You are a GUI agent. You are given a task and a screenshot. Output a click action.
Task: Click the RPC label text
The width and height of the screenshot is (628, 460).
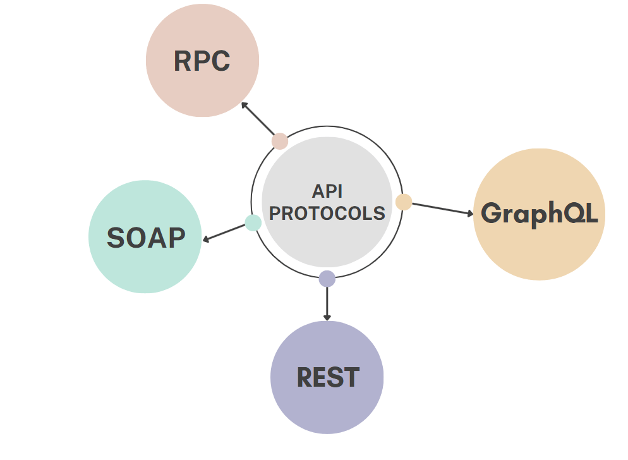click(x=202, y=61)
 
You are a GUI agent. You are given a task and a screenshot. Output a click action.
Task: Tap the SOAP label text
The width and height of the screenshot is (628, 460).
click(x=146, y=238)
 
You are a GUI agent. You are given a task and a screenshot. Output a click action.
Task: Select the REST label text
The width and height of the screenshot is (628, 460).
click(x=328, y=378)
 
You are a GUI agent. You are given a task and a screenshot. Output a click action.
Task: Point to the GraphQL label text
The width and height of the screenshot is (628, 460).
click(x=539, y=214)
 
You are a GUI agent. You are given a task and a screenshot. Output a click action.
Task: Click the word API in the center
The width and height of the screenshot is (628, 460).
click(x=327, y=191)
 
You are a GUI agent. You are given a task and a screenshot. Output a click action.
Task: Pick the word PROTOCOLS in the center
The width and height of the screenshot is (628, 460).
click(x=327, y=213)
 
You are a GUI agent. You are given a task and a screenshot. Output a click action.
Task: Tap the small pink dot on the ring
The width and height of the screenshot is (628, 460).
click(x=280, y=141)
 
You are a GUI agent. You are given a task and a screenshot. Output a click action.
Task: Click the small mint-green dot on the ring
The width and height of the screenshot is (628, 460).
click(x=253, y=222)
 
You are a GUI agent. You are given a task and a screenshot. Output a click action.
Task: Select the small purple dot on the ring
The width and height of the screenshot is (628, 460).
click(x=327, y=278)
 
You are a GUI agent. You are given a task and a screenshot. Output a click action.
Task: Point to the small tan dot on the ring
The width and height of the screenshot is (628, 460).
click(x=404, y=202)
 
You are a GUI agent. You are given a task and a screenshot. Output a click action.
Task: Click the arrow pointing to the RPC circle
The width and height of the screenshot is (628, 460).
click(x=257, y=118)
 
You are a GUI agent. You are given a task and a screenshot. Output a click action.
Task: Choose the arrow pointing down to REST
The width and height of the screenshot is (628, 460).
click(x=327, y=303)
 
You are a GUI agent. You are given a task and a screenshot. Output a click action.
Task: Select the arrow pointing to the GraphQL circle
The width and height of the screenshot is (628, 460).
click(x=442, y=209)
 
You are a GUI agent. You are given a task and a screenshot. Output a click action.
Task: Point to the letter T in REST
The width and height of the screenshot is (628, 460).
click(x=351, y=378)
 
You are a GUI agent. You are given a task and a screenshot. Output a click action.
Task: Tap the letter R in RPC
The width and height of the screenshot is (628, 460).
click(x=183, y=61)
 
